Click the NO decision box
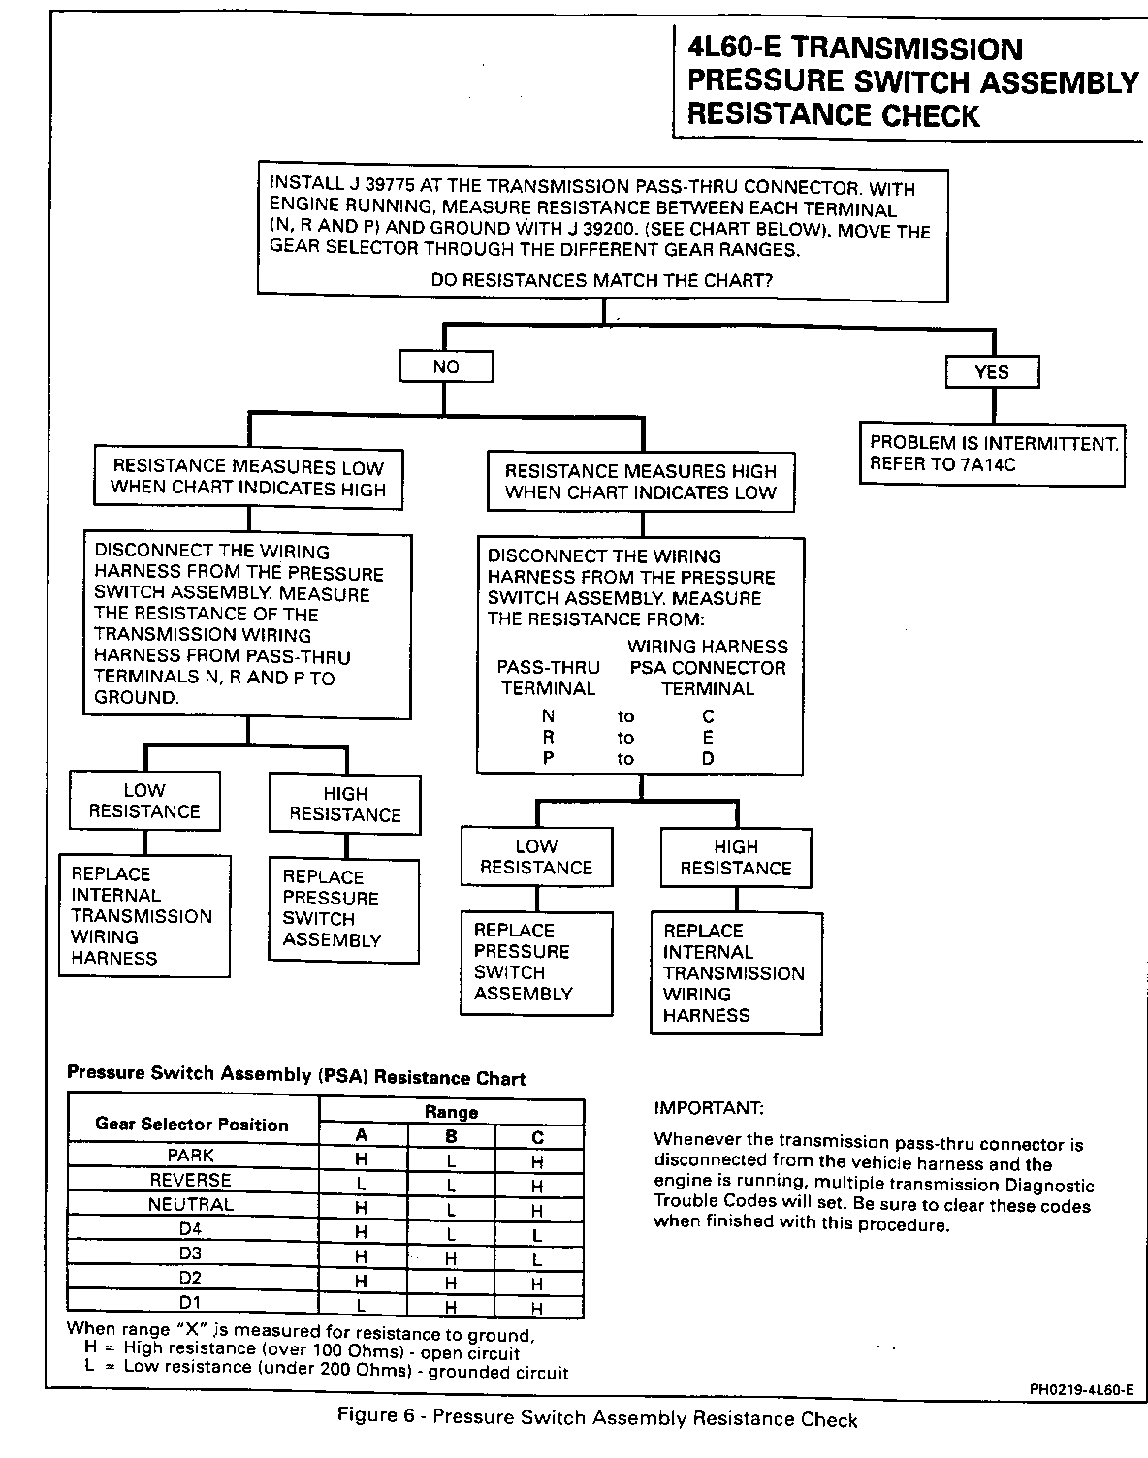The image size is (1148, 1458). (x=446, y=367)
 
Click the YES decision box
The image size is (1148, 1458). (x=991, y=371)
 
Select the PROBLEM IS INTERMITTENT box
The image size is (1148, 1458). (x=992, y=454)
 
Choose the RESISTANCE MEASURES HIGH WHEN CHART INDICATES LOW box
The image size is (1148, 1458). (x=641, y=482)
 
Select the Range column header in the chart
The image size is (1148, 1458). (x=451, y=1112)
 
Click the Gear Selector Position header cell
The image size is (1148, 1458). (x=192, y=1125)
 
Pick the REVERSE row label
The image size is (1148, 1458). (x=191, y=1181)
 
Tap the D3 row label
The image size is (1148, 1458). (x=191, y=1253)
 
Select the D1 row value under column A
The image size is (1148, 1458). (x=361, y=1306)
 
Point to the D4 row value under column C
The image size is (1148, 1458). (x=537, y=1234)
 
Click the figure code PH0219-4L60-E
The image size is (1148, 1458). (x=1082, y=1389)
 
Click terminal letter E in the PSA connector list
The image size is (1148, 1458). (x=708, y=738)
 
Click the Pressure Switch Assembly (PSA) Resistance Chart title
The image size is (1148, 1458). (x=297, y=1076)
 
